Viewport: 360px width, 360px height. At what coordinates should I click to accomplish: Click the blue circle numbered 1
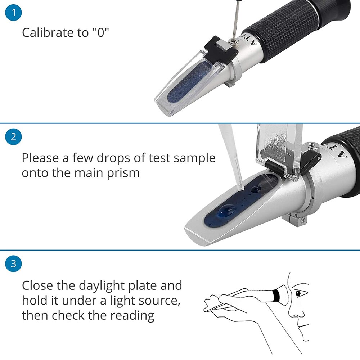click(14, 13)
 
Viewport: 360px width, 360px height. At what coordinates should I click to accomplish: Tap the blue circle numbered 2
click(14, 137)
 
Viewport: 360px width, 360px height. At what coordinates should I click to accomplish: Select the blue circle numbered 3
click(14, 264)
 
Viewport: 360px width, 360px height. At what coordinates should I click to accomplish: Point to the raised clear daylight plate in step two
click(279, 148)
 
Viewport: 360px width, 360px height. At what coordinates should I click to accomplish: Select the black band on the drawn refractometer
click(276, 296)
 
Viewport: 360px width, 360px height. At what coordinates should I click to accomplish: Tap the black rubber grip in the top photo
click(288, 32)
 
